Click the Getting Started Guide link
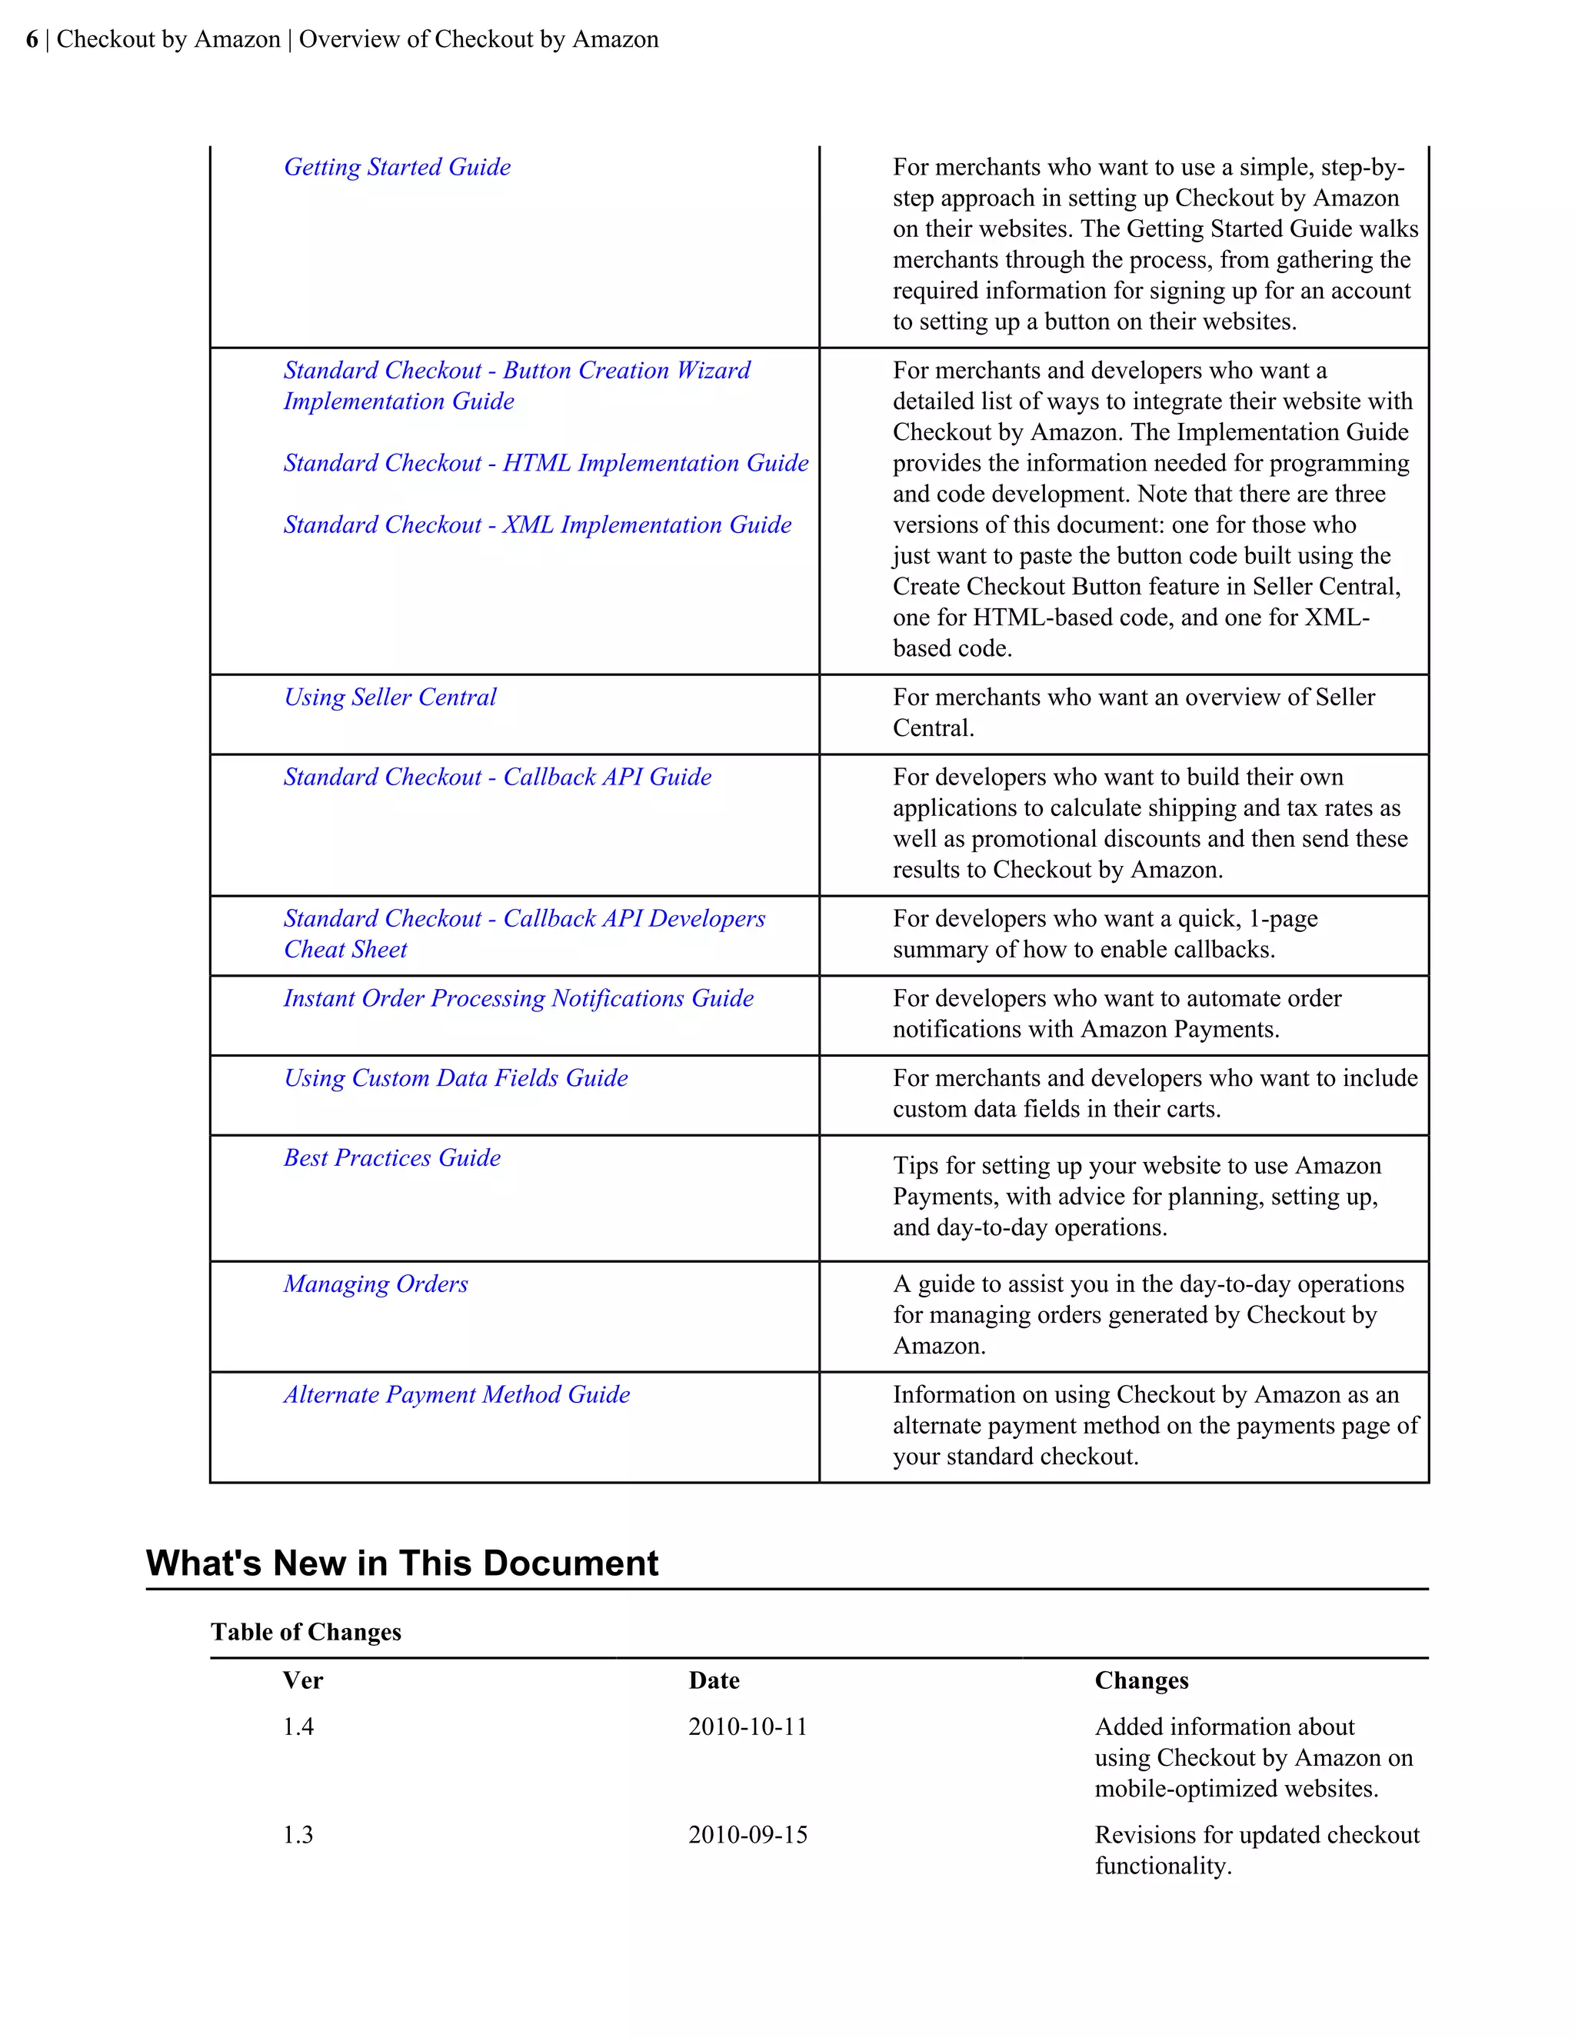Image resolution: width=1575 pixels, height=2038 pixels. pyautogui.click(x=397, y=167)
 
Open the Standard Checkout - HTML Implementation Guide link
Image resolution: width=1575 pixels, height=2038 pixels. pyautogui.click(x=546, y=463)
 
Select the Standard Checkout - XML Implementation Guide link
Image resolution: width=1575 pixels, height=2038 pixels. pyautogui.click(x=538, y=524)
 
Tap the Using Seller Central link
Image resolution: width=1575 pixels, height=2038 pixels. pyautogui.click(x=390, y=697)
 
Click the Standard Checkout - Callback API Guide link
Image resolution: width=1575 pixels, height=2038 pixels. pyautogui.click(x=498, y=777)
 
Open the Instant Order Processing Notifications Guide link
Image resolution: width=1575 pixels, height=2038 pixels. pyautogui.click(x=518, y=997)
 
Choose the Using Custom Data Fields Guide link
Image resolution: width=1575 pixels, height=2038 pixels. pyautogui.click(x=455, y=1077)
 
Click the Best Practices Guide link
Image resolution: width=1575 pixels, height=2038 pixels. pyautogui.click(x=392, y=1157)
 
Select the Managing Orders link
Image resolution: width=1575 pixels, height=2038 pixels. pyautogui.click(x=375, y=1284)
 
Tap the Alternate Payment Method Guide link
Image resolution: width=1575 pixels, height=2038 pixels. pyautogui.click(x=456, y=1394)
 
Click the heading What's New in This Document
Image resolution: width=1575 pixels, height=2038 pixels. pyautogui.click(x=402, y=1563)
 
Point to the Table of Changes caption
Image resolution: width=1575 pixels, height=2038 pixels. pyautogui.click(x=306, y=1632)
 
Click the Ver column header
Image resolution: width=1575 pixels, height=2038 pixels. pyautogui.click(x=302, y=1680)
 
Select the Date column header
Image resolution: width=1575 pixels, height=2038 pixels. pyautogui.click(x=714, y=1680)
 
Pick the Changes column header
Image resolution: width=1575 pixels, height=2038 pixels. pyautogui.click(x=1141, y=1680)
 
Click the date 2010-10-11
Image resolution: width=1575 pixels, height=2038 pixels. pyautogui.click(x=748, y=1727)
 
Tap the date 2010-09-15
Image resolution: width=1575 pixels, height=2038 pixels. pyautogui.click(x=748, y=1836)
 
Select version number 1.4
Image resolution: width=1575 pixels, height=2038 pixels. pyautogui.click(x=298, y=1727)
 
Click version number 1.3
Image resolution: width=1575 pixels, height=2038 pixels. pyautogui.click(x=298, y=1836)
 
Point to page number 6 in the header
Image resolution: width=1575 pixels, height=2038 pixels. pyautogui.click(x=32, y=39)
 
